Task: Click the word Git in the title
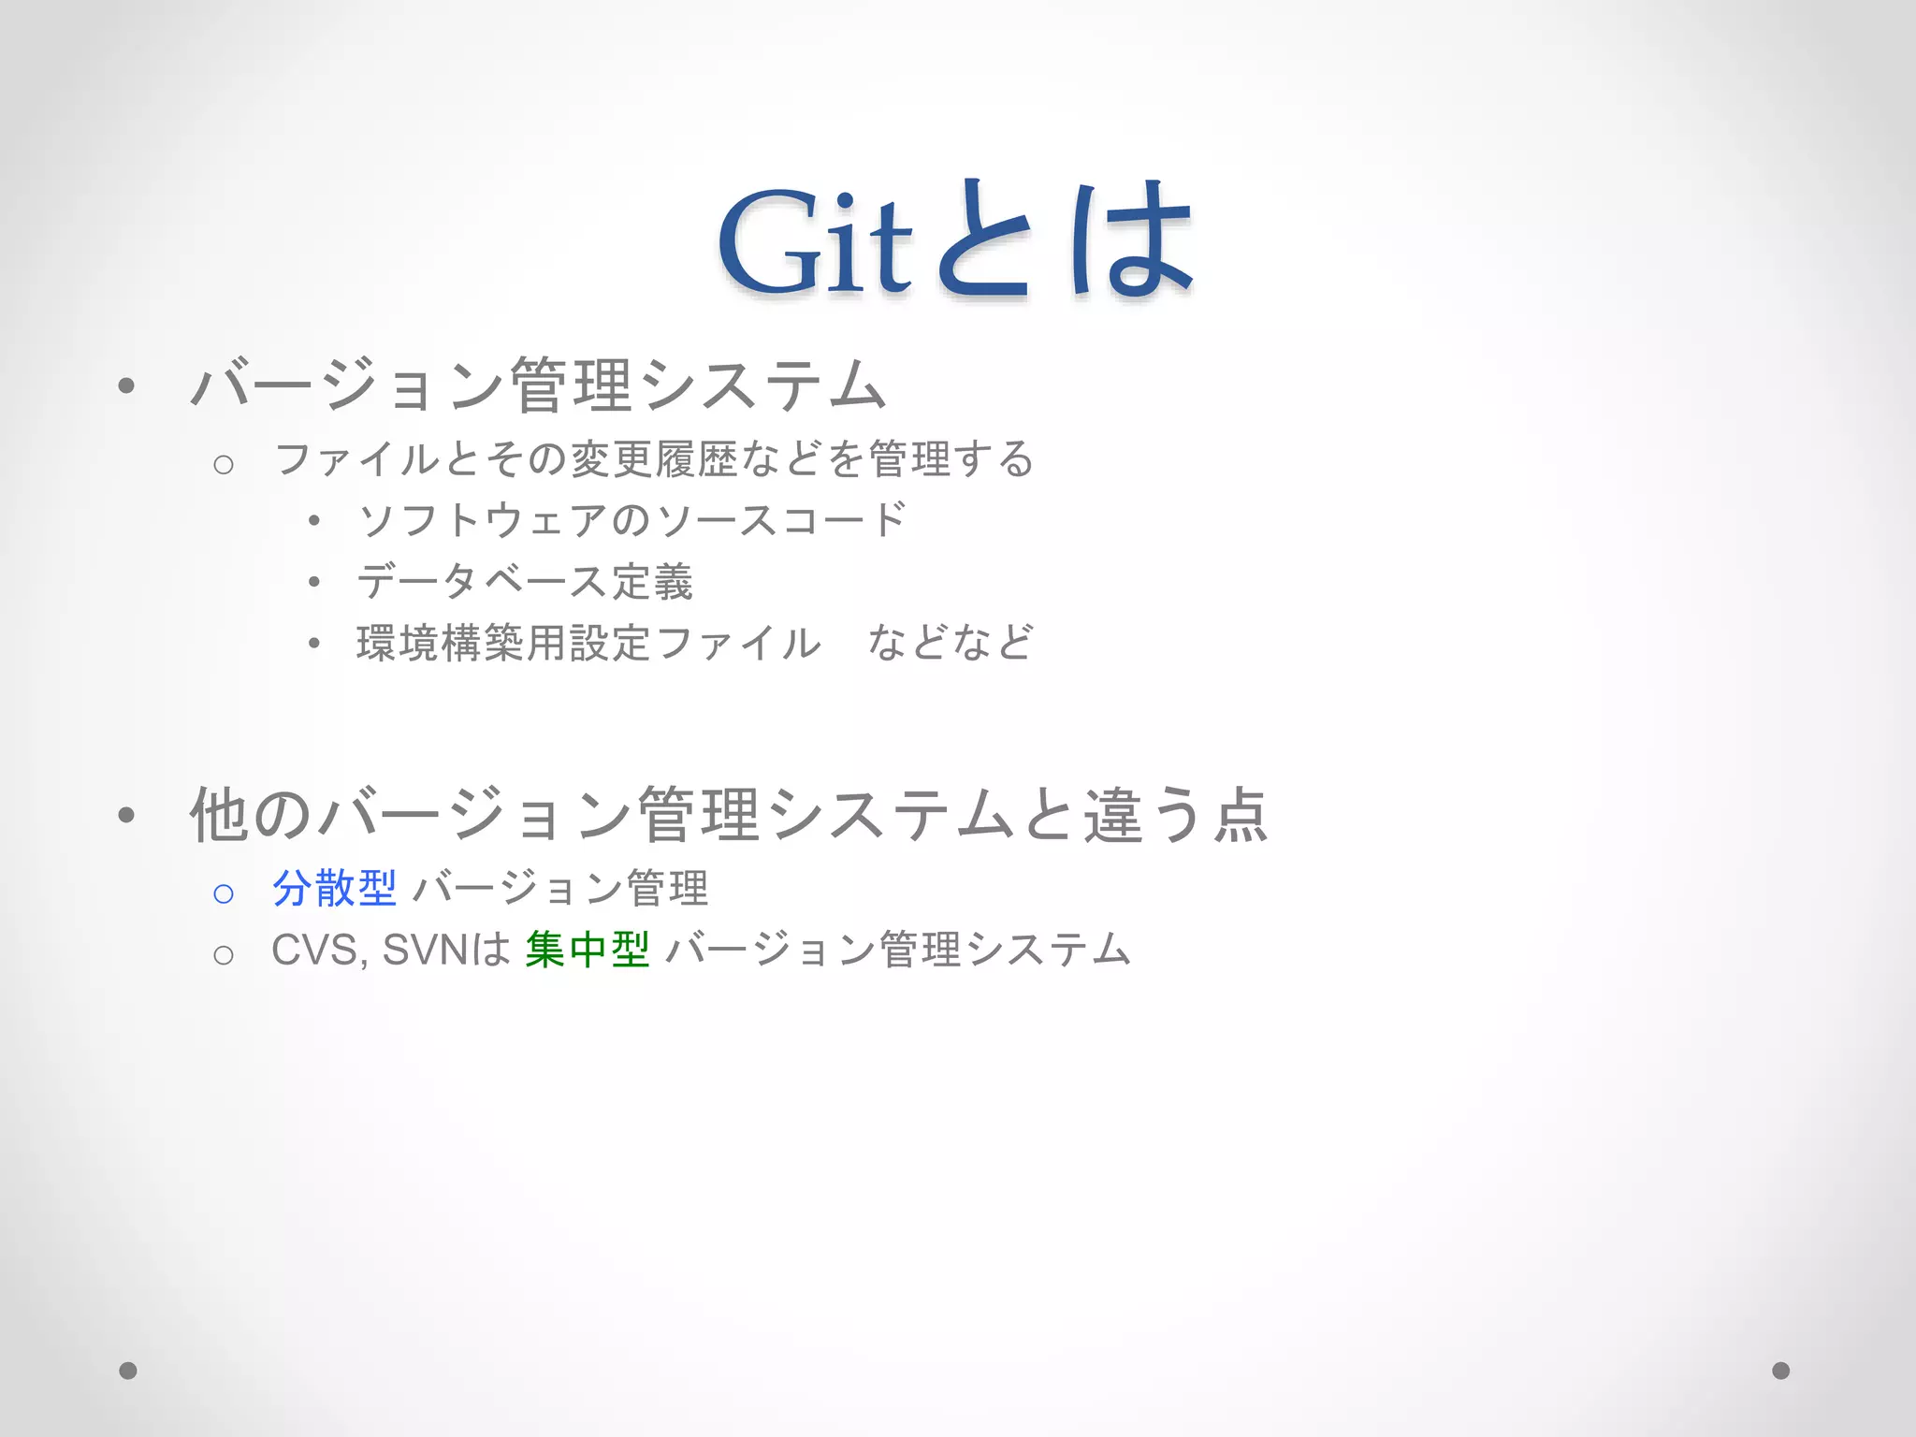tap(814, 241)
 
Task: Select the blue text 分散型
tap(334, 888)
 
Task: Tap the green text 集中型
tap(588, 950)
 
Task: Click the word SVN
tap(425, 951)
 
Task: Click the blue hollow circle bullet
tap(224, 893)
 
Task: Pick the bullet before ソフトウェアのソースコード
tap(314, 520)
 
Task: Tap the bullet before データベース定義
tap(314, 582)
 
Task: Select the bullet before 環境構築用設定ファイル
tap(314, 643)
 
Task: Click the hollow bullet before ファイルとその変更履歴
tap(224, 464)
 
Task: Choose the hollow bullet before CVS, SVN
tap(224, 955)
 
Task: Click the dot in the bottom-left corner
tap(128, 1371)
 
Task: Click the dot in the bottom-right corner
tap(1781, 1371)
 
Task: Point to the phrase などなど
tap(950, 643)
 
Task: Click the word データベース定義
tap(525, 582)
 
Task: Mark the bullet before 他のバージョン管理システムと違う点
tap(127, 815)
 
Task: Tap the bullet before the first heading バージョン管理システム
tap(127, 385)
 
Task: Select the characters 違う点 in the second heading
tap(1175, 815)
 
